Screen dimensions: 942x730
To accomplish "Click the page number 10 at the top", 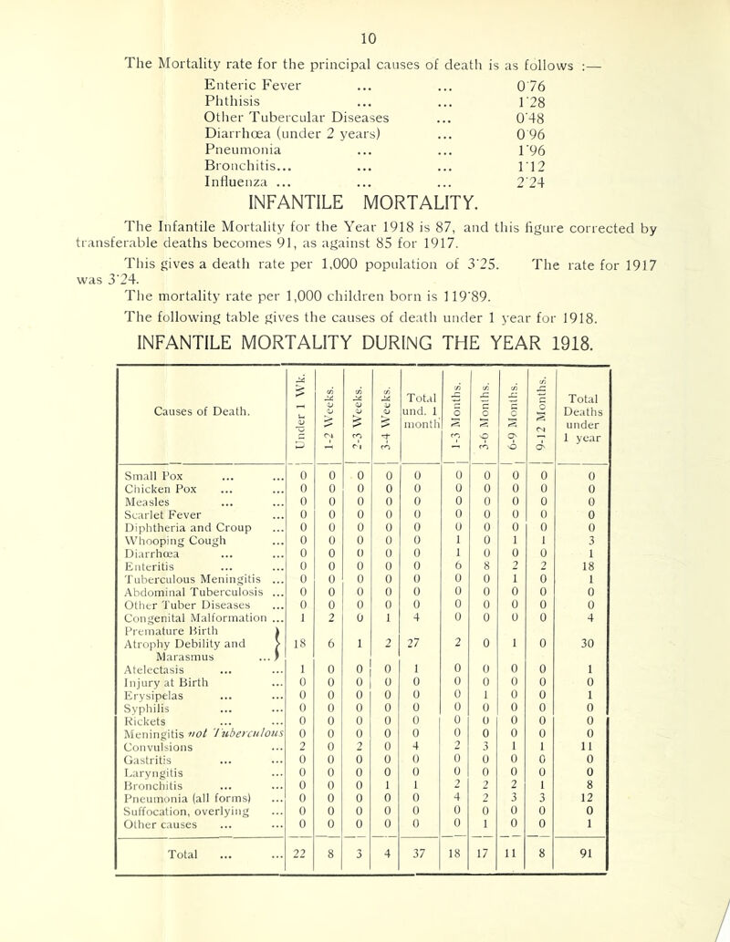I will coord(364,12).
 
